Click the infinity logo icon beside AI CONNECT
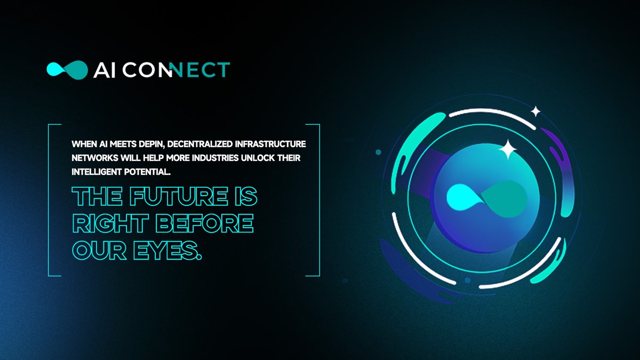[x=67, y=69]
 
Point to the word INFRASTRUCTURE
[x=274, y=144]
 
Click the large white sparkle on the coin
[x=507, y=149]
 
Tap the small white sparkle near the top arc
[x=535, y=111]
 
